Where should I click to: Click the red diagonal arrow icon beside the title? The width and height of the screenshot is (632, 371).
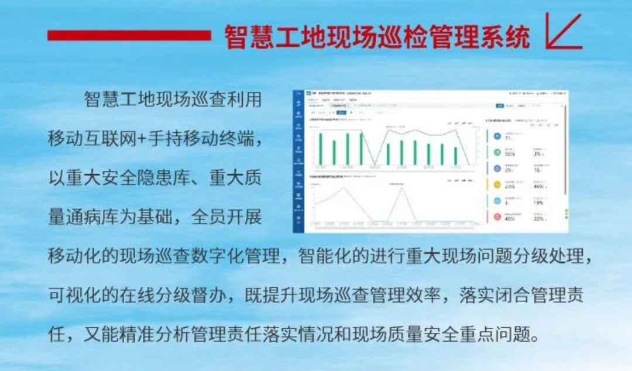(x=563, y=32)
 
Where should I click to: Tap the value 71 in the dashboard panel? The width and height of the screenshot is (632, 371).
(x=509, y=138)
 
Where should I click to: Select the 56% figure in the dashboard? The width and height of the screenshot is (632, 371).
(x=510, y=154)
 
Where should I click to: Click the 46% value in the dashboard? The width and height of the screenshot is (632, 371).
(x=538, y=186)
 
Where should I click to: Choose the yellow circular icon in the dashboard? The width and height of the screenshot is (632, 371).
(x=497, y=184)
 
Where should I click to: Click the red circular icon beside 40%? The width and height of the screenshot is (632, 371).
(x=497, y=217)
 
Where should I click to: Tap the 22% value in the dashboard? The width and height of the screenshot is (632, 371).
(x=538, y=218)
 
